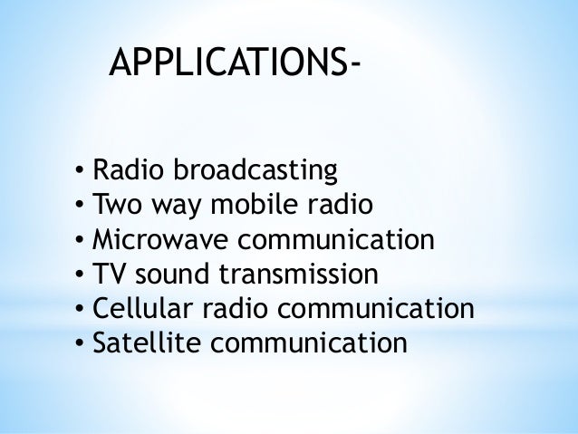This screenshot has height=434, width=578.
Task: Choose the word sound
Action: tap(166, 275)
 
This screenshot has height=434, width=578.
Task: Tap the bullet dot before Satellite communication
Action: tap(80, 345)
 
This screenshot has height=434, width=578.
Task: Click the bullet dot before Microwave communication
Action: tap(80, 241)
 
